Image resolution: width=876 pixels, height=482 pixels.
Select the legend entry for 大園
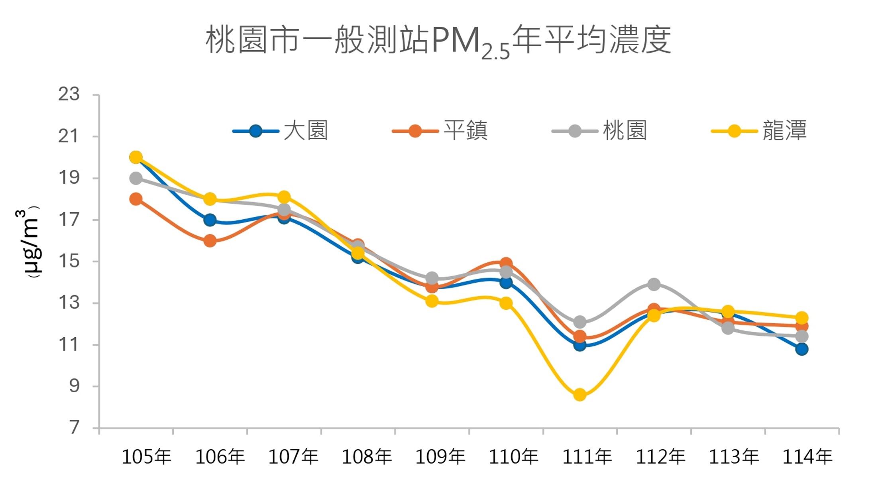(281, 131)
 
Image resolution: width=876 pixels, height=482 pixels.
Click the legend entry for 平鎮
(440, 131)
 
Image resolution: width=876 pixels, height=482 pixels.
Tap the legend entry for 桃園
(599, 131)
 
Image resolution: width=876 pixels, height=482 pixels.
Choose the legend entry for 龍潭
(759, 131)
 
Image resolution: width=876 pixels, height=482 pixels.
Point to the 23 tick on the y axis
(69, 95)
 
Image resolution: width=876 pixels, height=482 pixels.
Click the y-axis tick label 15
(69, 262)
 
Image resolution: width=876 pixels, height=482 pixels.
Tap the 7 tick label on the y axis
(74, 428)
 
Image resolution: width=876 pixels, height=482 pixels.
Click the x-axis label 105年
(146, 457)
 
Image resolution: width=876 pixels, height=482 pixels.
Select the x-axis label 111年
(587, 457)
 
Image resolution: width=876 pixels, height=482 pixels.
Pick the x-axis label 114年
(807, 457)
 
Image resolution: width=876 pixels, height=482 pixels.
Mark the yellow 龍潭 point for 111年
(580, 395)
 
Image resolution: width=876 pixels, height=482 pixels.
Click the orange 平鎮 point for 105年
(136, 199)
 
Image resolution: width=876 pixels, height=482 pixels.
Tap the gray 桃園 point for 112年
(654, 284)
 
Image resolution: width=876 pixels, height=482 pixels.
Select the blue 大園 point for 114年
(802, 349)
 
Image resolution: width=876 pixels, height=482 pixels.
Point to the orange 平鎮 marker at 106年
(210, 241)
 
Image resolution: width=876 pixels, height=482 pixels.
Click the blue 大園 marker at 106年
(210, 220)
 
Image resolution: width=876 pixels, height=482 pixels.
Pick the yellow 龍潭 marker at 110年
(506, 303)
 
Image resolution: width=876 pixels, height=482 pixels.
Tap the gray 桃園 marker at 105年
(136, 178)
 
